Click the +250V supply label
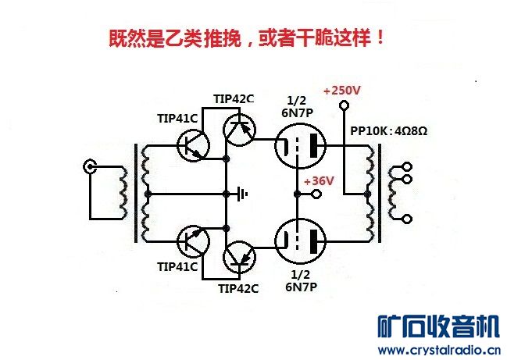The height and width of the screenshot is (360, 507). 341,91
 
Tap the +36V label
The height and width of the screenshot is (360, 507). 321,180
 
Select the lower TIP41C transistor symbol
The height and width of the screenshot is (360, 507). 191,242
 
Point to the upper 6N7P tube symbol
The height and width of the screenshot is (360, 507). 300,146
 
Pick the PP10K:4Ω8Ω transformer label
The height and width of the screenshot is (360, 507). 388,130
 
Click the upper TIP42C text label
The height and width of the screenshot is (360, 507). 234,98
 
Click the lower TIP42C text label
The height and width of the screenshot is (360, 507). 238,288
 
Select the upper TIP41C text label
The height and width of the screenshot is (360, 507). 178,118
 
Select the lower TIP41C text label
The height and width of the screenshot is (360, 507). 178,266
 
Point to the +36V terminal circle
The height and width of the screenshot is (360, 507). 316,194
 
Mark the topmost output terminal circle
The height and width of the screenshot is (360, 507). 405,167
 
